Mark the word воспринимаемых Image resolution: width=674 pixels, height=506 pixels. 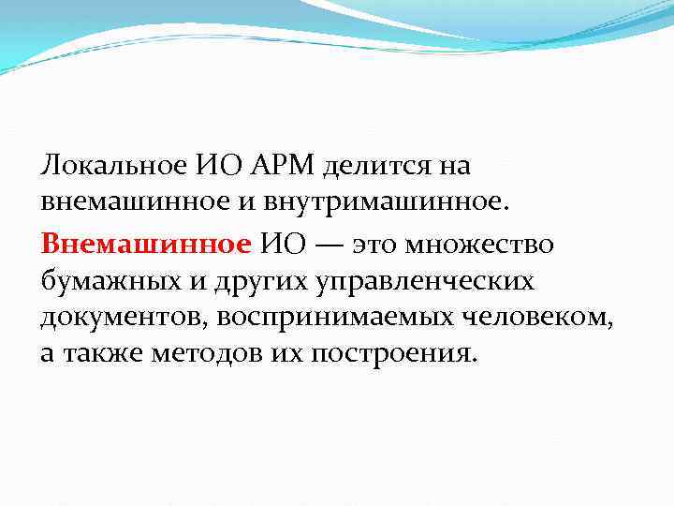(339, 319)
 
